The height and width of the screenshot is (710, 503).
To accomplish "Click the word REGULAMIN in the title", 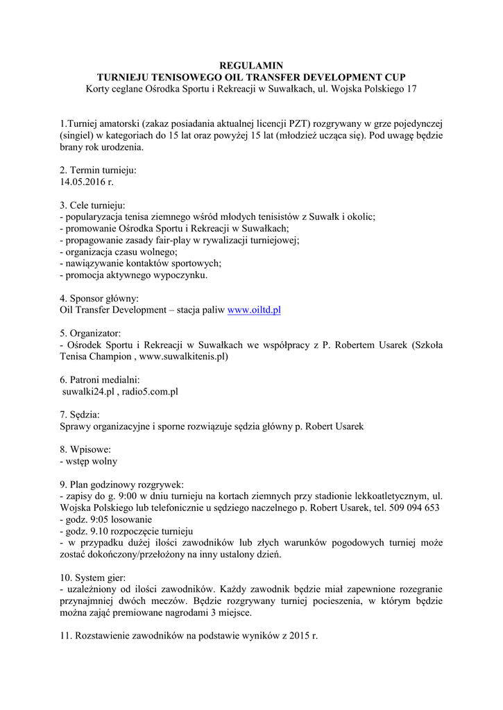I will (251, 65).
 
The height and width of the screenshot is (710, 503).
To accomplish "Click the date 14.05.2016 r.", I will (86, 182).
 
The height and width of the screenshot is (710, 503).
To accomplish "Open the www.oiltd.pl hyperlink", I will (254, 310).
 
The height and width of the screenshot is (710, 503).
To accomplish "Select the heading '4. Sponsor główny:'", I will (99, 298).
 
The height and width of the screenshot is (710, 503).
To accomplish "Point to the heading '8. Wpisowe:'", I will (85, 449).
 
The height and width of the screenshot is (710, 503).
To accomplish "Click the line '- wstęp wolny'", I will (89, 461).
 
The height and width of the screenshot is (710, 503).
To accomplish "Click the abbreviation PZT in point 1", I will (308, 123).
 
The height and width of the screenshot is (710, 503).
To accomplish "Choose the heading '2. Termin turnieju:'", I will (98, 170).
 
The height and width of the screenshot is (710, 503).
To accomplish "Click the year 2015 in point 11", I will (297, 636).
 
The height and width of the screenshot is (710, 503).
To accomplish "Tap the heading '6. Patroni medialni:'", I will (100, 379).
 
